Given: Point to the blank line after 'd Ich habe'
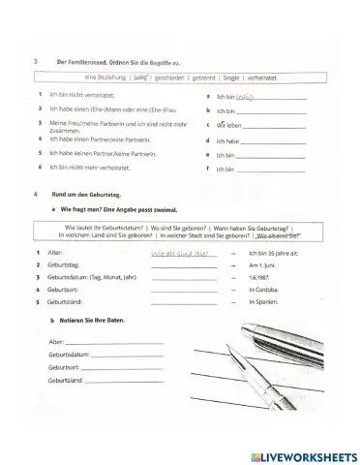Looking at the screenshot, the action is click(x=275, y=139).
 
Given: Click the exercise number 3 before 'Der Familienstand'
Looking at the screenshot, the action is click(x=34, y=61).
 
